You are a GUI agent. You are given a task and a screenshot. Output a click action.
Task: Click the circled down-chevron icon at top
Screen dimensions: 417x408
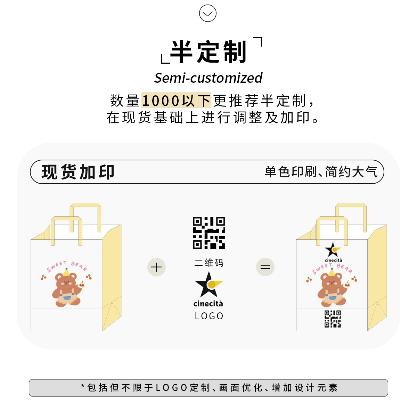point(208,14)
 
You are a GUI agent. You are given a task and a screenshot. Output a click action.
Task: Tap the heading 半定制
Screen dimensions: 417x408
point(208,52)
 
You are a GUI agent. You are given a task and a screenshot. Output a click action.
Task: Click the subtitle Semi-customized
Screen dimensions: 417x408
point(208,78)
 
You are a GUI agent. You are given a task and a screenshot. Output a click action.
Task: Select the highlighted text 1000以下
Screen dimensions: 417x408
point(176,101)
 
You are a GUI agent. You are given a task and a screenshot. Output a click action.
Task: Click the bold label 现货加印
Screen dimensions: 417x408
point(78,172)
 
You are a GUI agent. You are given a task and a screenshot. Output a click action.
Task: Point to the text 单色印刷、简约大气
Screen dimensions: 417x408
point(321,172)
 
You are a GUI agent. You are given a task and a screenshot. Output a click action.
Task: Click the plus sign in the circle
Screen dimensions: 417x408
point(156,267)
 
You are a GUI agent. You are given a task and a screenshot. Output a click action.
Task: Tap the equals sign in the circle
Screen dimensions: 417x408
point(265,267)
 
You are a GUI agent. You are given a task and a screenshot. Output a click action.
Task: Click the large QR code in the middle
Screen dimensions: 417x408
point(209,233)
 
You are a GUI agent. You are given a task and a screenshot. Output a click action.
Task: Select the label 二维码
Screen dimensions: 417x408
point(209,263)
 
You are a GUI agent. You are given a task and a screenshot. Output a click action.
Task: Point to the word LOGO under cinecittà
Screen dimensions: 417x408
point(209,316)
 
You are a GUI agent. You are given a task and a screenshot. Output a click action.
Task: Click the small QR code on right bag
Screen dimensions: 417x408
point(333,319)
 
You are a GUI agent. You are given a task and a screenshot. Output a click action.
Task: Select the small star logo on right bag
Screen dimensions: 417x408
point(333,249)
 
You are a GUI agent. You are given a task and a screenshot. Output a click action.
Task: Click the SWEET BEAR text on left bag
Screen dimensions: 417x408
point(67,266)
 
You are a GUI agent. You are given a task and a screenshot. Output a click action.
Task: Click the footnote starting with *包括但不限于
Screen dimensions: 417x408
point(208,387)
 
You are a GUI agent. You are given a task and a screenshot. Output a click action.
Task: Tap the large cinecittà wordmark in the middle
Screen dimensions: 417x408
point(208,304)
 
